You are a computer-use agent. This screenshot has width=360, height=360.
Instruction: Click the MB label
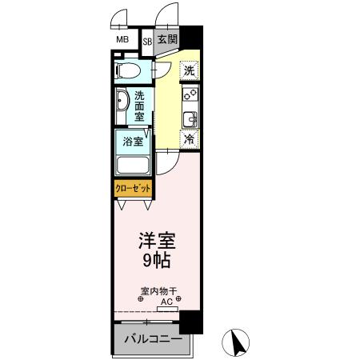click(x=122, y=39)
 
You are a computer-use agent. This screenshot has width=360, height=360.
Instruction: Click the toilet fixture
click(x=128, y=70)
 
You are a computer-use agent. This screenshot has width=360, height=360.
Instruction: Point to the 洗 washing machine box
click(x=189, y=70)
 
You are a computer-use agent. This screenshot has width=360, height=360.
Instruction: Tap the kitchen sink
click(x=190, y=120)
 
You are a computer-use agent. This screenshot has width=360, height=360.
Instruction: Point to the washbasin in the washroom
click(x=122, y=105)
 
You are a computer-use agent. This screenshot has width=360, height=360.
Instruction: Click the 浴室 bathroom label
click(x=133, y=142)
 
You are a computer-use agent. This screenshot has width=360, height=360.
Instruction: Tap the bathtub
click(x=133, y=166)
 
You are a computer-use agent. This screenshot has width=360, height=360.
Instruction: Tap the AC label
click(x=167, y=302)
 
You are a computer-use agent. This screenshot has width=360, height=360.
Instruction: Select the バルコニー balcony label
click(x=153, y=339)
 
